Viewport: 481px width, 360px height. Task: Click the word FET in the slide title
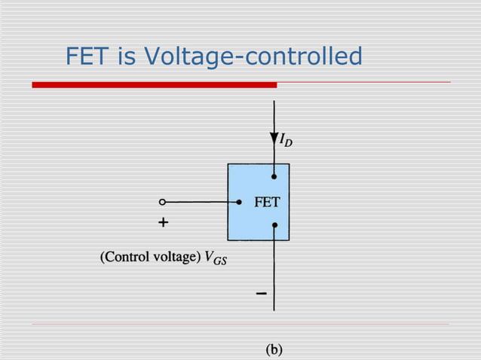[x=84, y=56]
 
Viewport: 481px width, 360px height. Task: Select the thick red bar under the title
[x=154, y=85]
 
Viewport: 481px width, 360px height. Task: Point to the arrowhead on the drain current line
[x=274, y=139]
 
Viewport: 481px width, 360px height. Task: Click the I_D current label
[x=286, y=142]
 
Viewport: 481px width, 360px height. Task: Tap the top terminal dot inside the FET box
[x=274, y=177]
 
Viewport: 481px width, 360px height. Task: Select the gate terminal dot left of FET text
[x=239, y=202]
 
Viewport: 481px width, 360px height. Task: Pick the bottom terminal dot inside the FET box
[x=274, y=225]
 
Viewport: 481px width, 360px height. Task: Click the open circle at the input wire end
[x=162, y=202]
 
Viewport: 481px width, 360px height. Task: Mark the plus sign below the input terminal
[x=163, y=224]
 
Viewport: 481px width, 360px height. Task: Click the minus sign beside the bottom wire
[x=260, y=293]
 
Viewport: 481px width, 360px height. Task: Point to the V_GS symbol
[x=216, y=258]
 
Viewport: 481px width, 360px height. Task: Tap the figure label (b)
[x=273, y=349]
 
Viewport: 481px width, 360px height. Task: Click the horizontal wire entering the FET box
[x=200, y=202]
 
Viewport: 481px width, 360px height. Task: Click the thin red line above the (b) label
[x=241, y=325]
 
